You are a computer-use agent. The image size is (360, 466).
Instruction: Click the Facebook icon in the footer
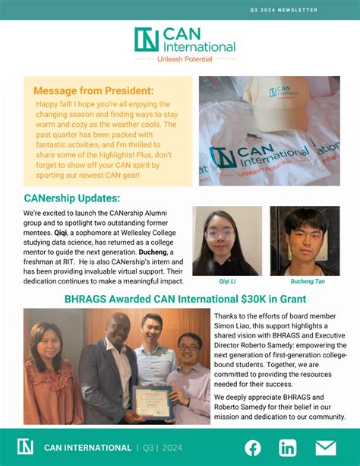coord(252,447)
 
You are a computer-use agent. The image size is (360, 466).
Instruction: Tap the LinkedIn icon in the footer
coord(288,447)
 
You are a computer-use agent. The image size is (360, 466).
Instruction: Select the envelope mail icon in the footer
coord(325,447)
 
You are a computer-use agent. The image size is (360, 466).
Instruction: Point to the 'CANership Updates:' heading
coord(71,198)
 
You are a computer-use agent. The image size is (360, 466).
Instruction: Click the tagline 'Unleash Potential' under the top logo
coord(184,59)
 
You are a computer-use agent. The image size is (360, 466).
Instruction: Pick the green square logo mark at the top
coord(146,40)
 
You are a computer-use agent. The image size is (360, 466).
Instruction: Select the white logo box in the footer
coord(25,447)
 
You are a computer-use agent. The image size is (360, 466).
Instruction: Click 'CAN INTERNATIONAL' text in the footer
coord(88,447)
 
